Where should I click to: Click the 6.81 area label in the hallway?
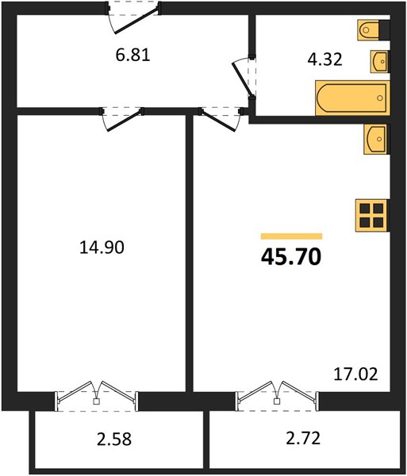pos(133,56)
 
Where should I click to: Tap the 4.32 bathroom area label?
pos(324,59)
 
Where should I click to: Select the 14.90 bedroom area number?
pos(102,247)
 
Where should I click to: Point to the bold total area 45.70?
pos(291,257)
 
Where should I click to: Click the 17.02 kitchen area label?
pos(355,374)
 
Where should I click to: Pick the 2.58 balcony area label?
pos(114,439)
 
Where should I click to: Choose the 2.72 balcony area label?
pos(303,439)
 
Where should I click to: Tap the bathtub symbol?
pos(352,98)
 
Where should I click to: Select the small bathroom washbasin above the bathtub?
pos(379,62)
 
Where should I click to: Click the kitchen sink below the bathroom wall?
pos(376,140)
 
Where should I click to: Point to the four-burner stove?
pos(372,216)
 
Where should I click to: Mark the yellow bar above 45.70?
pos(291,236)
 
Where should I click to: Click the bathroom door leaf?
pos(242,79)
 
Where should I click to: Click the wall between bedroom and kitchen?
pos(190,254)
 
